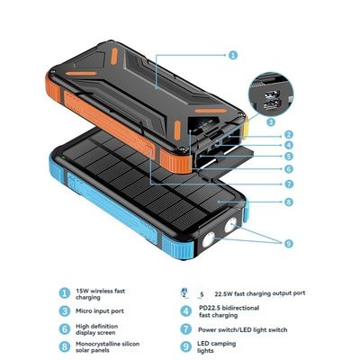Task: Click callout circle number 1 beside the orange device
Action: (233, 55)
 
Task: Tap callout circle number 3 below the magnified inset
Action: (271, 121)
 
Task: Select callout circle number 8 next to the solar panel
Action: (288, 202)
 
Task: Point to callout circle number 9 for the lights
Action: (288, 243)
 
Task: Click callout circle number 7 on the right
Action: (289, 184)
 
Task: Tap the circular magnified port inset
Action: (271, 94)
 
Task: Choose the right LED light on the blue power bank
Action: (231, 225)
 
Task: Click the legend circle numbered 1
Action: (64, 293)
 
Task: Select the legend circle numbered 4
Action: (186, 311)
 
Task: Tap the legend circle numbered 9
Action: (186, 346)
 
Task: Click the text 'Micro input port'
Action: (100, 311)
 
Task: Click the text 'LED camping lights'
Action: (217, 346)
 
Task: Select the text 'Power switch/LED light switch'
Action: (243, 329)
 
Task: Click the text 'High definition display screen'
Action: (96, 329)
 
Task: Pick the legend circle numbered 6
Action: (64, 329)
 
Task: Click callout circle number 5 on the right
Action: (289, 157)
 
